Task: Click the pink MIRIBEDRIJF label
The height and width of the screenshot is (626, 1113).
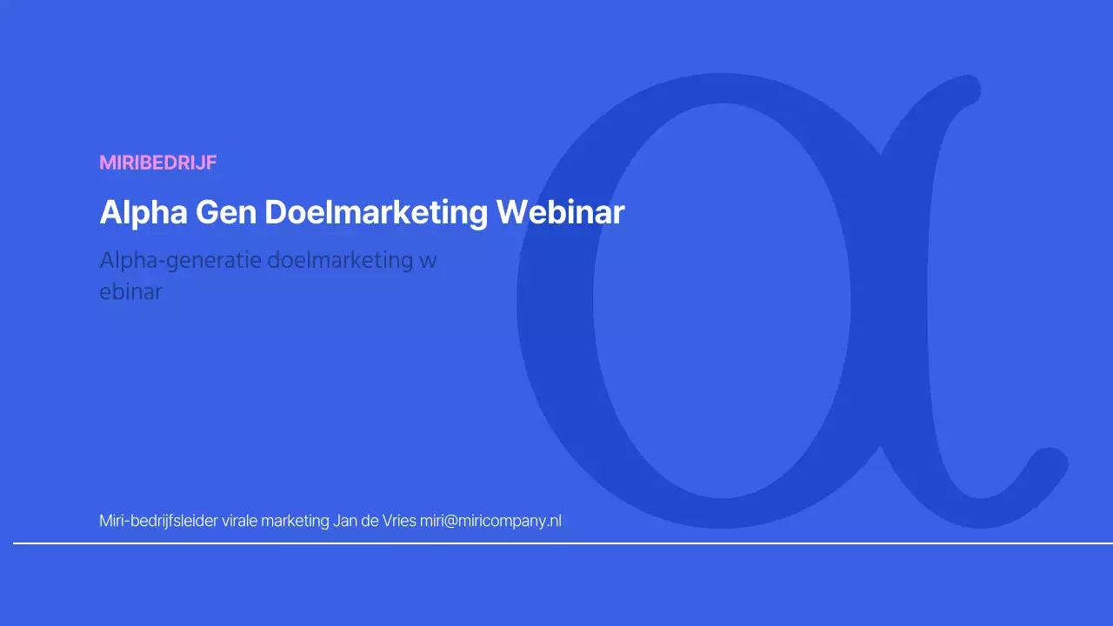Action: (x=157, y=163)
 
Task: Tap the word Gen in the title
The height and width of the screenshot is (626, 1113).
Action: (x=230, y=213)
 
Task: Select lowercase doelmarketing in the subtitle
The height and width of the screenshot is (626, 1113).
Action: (x=340, y=260)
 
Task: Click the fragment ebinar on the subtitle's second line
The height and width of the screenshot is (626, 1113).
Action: (x=130, y=292)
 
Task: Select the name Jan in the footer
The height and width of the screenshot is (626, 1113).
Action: (x=344, y=522)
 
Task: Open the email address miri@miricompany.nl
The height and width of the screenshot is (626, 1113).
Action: (x=490, y=522)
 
